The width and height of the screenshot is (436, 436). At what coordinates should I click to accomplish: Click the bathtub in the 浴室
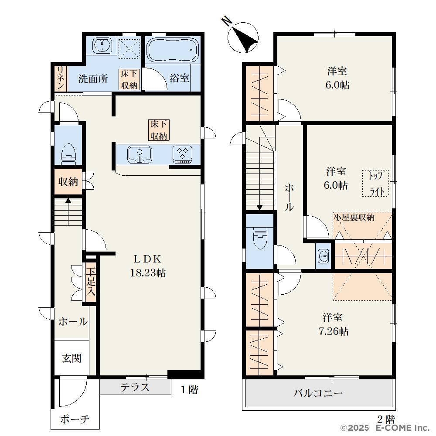pos(172,50)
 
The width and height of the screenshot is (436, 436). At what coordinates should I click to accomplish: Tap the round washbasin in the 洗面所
pos(102,45)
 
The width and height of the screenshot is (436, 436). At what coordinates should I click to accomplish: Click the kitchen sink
pos(140,155)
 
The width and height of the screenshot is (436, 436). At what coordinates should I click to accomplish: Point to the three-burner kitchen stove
pos(182,154)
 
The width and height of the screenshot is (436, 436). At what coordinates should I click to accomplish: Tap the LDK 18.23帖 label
pos(148,266)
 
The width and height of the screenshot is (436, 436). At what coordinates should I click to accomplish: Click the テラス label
pos(135,387)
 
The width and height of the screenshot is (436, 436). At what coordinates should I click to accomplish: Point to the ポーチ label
pos(75,419)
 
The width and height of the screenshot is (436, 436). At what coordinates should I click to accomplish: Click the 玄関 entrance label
pos(72,358)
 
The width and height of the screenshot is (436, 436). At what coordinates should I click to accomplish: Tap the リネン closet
pos(60,78)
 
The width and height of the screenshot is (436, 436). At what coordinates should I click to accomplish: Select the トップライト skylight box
pos(375,184)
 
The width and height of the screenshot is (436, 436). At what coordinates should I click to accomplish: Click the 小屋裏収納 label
pos(354,217)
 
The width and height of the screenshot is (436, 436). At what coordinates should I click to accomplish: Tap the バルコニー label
pos(318,393)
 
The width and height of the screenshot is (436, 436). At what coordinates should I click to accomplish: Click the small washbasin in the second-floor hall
pos(323,256)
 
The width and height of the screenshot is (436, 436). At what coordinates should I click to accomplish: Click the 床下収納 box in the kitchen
pos(159,130)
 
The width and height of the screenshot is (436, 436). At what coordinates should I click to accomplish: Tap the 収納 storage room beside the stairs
pos(68,181)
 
